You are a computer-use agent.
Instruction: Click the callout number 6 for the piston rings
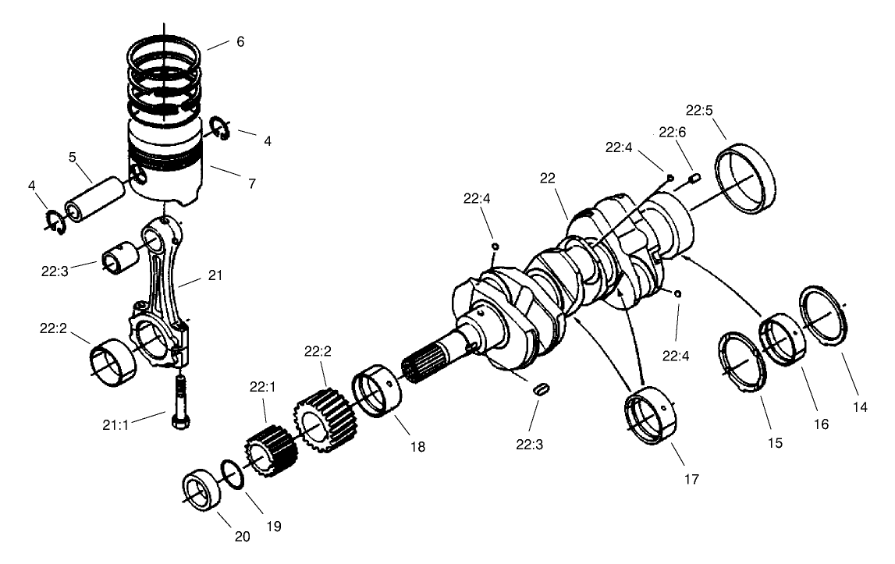[x=240, y=41]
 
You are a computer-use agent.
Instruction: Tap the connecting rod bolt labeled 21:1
[x=179, y=399]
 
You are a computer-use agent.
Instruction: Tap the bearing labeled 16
[x=781, y=337]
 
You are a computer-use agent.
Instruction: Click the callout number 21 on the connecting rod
[x=216, y=275]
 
